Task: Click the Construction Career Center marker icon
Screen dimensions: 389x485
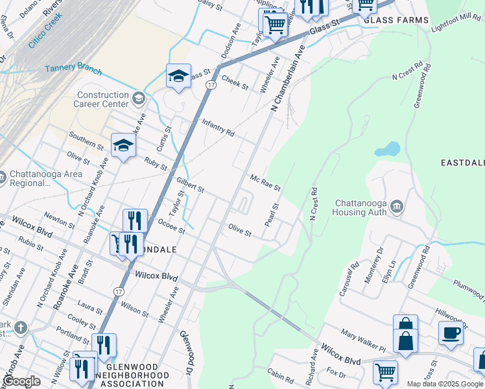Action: [x=137, y=99]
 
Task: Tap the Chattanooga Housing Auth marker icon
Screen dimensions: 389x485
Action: [x=397, y=207]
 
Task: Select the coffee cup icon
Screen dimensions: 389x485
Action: [x=451, y=333]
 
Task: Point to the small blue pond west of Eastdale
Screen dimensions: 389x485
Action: [x=387, y=149]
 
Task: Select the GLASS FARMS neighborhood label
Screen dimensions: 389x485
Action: [x=396, y=20]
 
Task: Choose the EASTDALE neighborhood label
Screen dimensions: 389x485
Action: [x=462, y=161]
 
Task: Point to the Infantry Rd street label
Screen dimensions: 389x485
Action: [x=218, y=126]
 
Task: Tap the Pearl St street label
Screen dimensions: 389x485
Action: [x=272, y=215]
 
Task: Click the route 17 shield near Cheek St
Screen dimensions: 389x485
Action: [x=211, y=85]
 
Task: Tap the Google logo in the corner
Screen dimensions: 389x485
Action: [x=21, y=381]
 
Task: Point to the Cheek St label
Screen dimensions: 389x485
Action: [x=235, y=82]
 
